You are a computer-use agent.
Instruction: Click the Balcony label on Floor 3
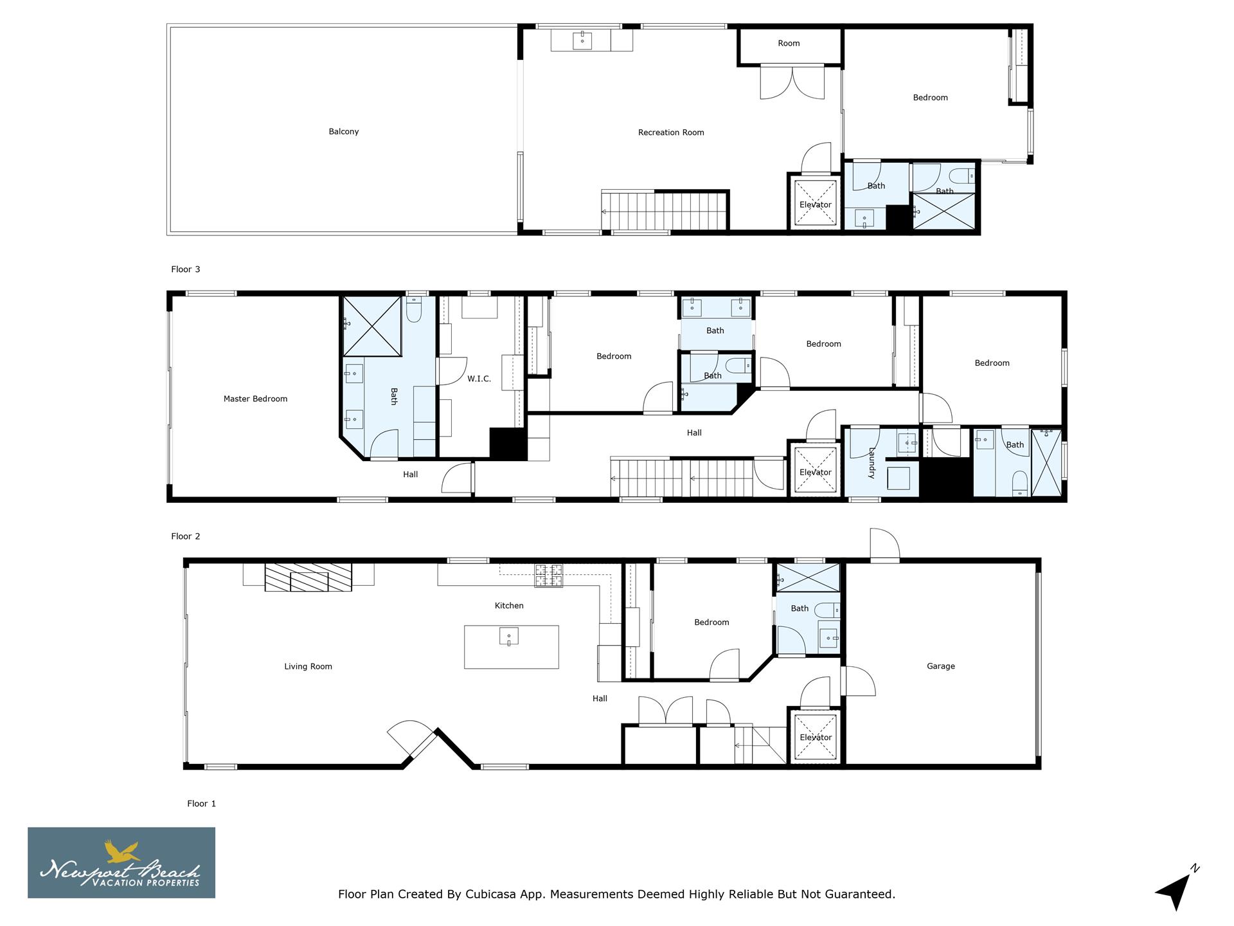click(x=343, y=132)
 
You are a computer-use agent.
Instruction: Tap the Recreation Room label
click(x=670, y=132)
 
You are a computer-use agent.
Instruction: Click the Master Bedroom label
click(x=255, y=399)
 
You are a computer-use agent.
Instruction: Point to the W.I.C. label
click(x=479, y=379)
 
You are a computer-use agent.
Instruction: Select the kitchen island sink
click(x=508, y=637)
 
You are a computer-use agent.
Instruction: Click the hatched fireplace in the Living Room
click(x=308, y=577)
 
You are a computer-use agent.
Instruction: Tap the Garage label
click(x=940, y=666)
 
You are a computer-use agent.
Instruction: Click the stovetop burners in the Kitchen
click(x=548, y=575)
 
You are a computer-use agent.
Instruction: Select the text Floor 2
click(x=186, y=536)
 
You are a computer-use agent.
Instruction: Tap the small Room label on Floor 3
click(x=789, y=44)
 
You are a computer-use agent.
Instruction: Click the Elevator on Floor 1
click(x=815, y=738)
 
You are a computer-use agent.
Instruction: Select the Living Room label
click(x=308, y=667)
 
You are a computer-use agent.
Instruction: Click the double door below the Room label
click(x=792, y=82)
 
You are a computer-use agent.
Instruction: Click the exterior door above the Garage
click(x=884, y=545)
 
